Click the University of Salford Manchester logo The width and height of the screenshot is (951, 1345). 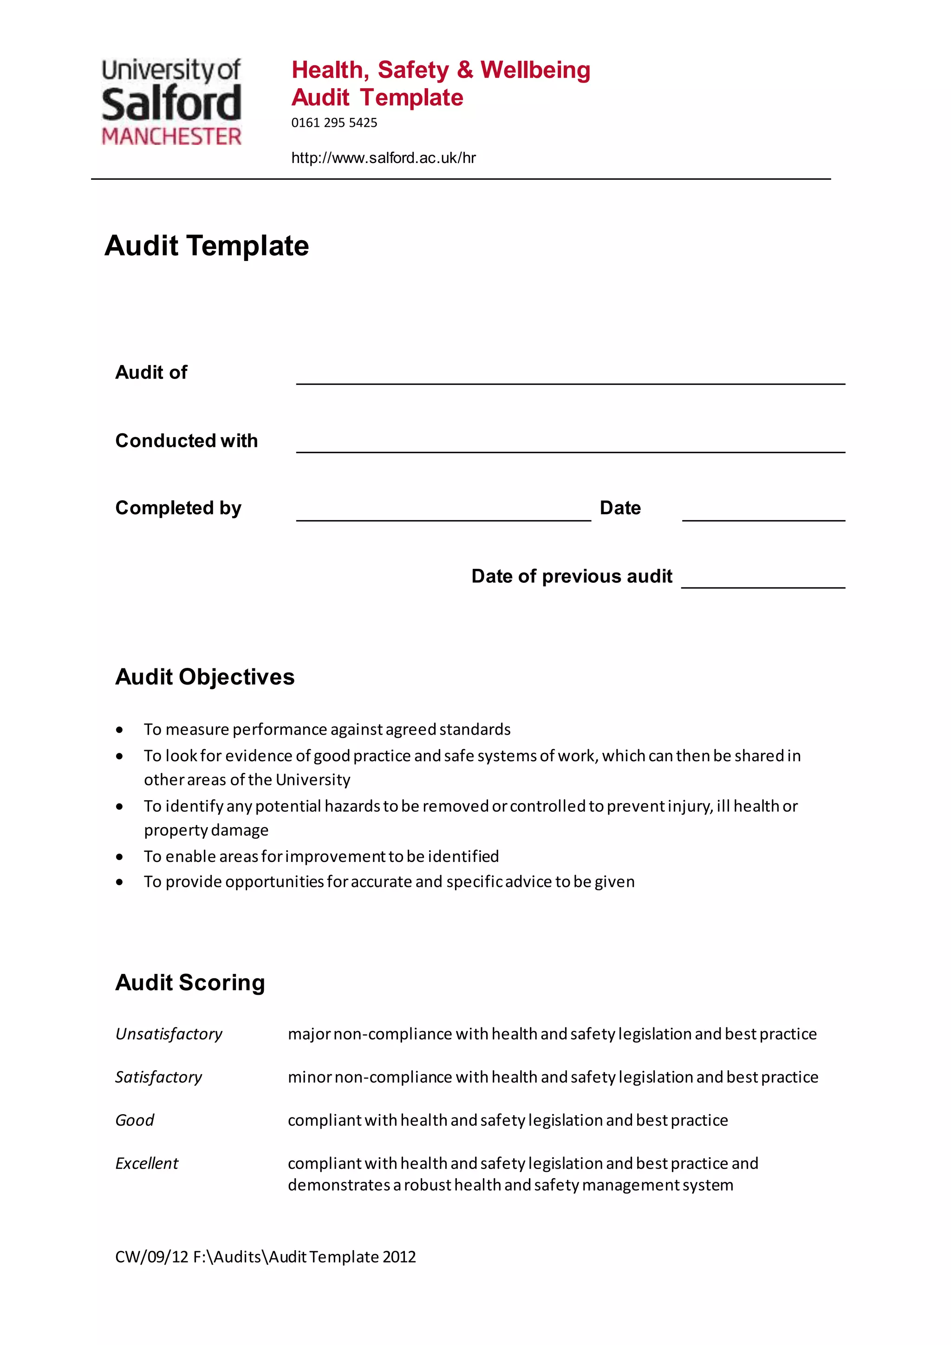171,102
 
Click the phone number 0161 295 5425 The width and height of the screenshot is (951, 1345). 334,123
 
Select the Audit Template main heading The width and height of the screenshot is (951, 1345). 206,245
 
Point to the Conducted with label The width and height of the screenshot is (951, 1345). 186,441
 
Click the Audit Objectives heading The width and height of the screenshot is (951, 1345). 204,677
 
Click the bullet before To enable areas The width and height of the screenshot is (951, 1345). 119,857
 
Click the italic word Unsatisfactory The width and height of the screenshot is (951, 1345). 169,1034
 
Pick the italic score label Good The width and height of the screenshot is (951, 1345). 134,1120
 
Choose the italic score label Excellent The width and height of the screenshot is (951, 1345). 146,1163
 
